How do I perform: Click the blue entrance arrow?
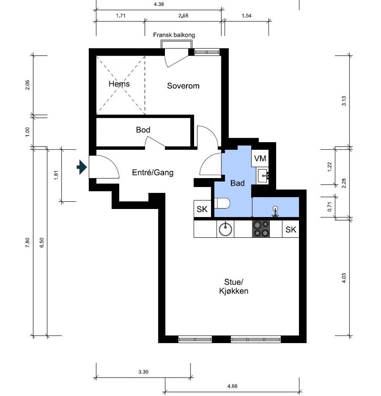pos(82,167)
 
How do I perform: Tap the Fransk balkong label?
pos(174,35)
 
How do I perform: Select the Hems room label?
pos(119,84)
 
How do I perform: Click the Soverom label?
pos(183,86)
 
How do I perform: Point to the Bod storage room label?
pos(143,130)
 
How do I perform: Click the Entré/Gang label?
pos(153,173)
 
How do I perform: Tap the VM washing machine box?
pos(260,158)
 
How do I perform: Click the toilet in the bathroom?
pos(222,203)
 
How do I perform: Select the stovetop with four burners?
pos(261,229)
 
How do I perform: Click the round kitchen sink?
pos(225,229)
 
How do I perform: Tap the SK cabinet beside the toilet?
pos(202,209)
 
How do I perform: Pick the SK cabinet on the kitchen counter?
pos(290,229)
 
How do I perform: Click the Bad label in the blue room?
pos(237,183)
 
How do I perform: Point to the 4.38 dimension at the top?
pos(159,4)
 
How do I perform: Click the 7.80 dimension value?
pos(27,243)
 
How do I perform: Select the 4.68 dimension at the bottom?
pos(232,386)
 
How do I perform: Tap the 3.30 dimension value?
pos(143,372)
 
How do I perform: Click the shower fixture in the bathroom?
pos(275,211)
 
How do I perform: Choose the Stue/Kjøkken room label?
pos(234,287)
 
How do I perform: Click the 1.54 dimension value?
pos(247,16)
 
